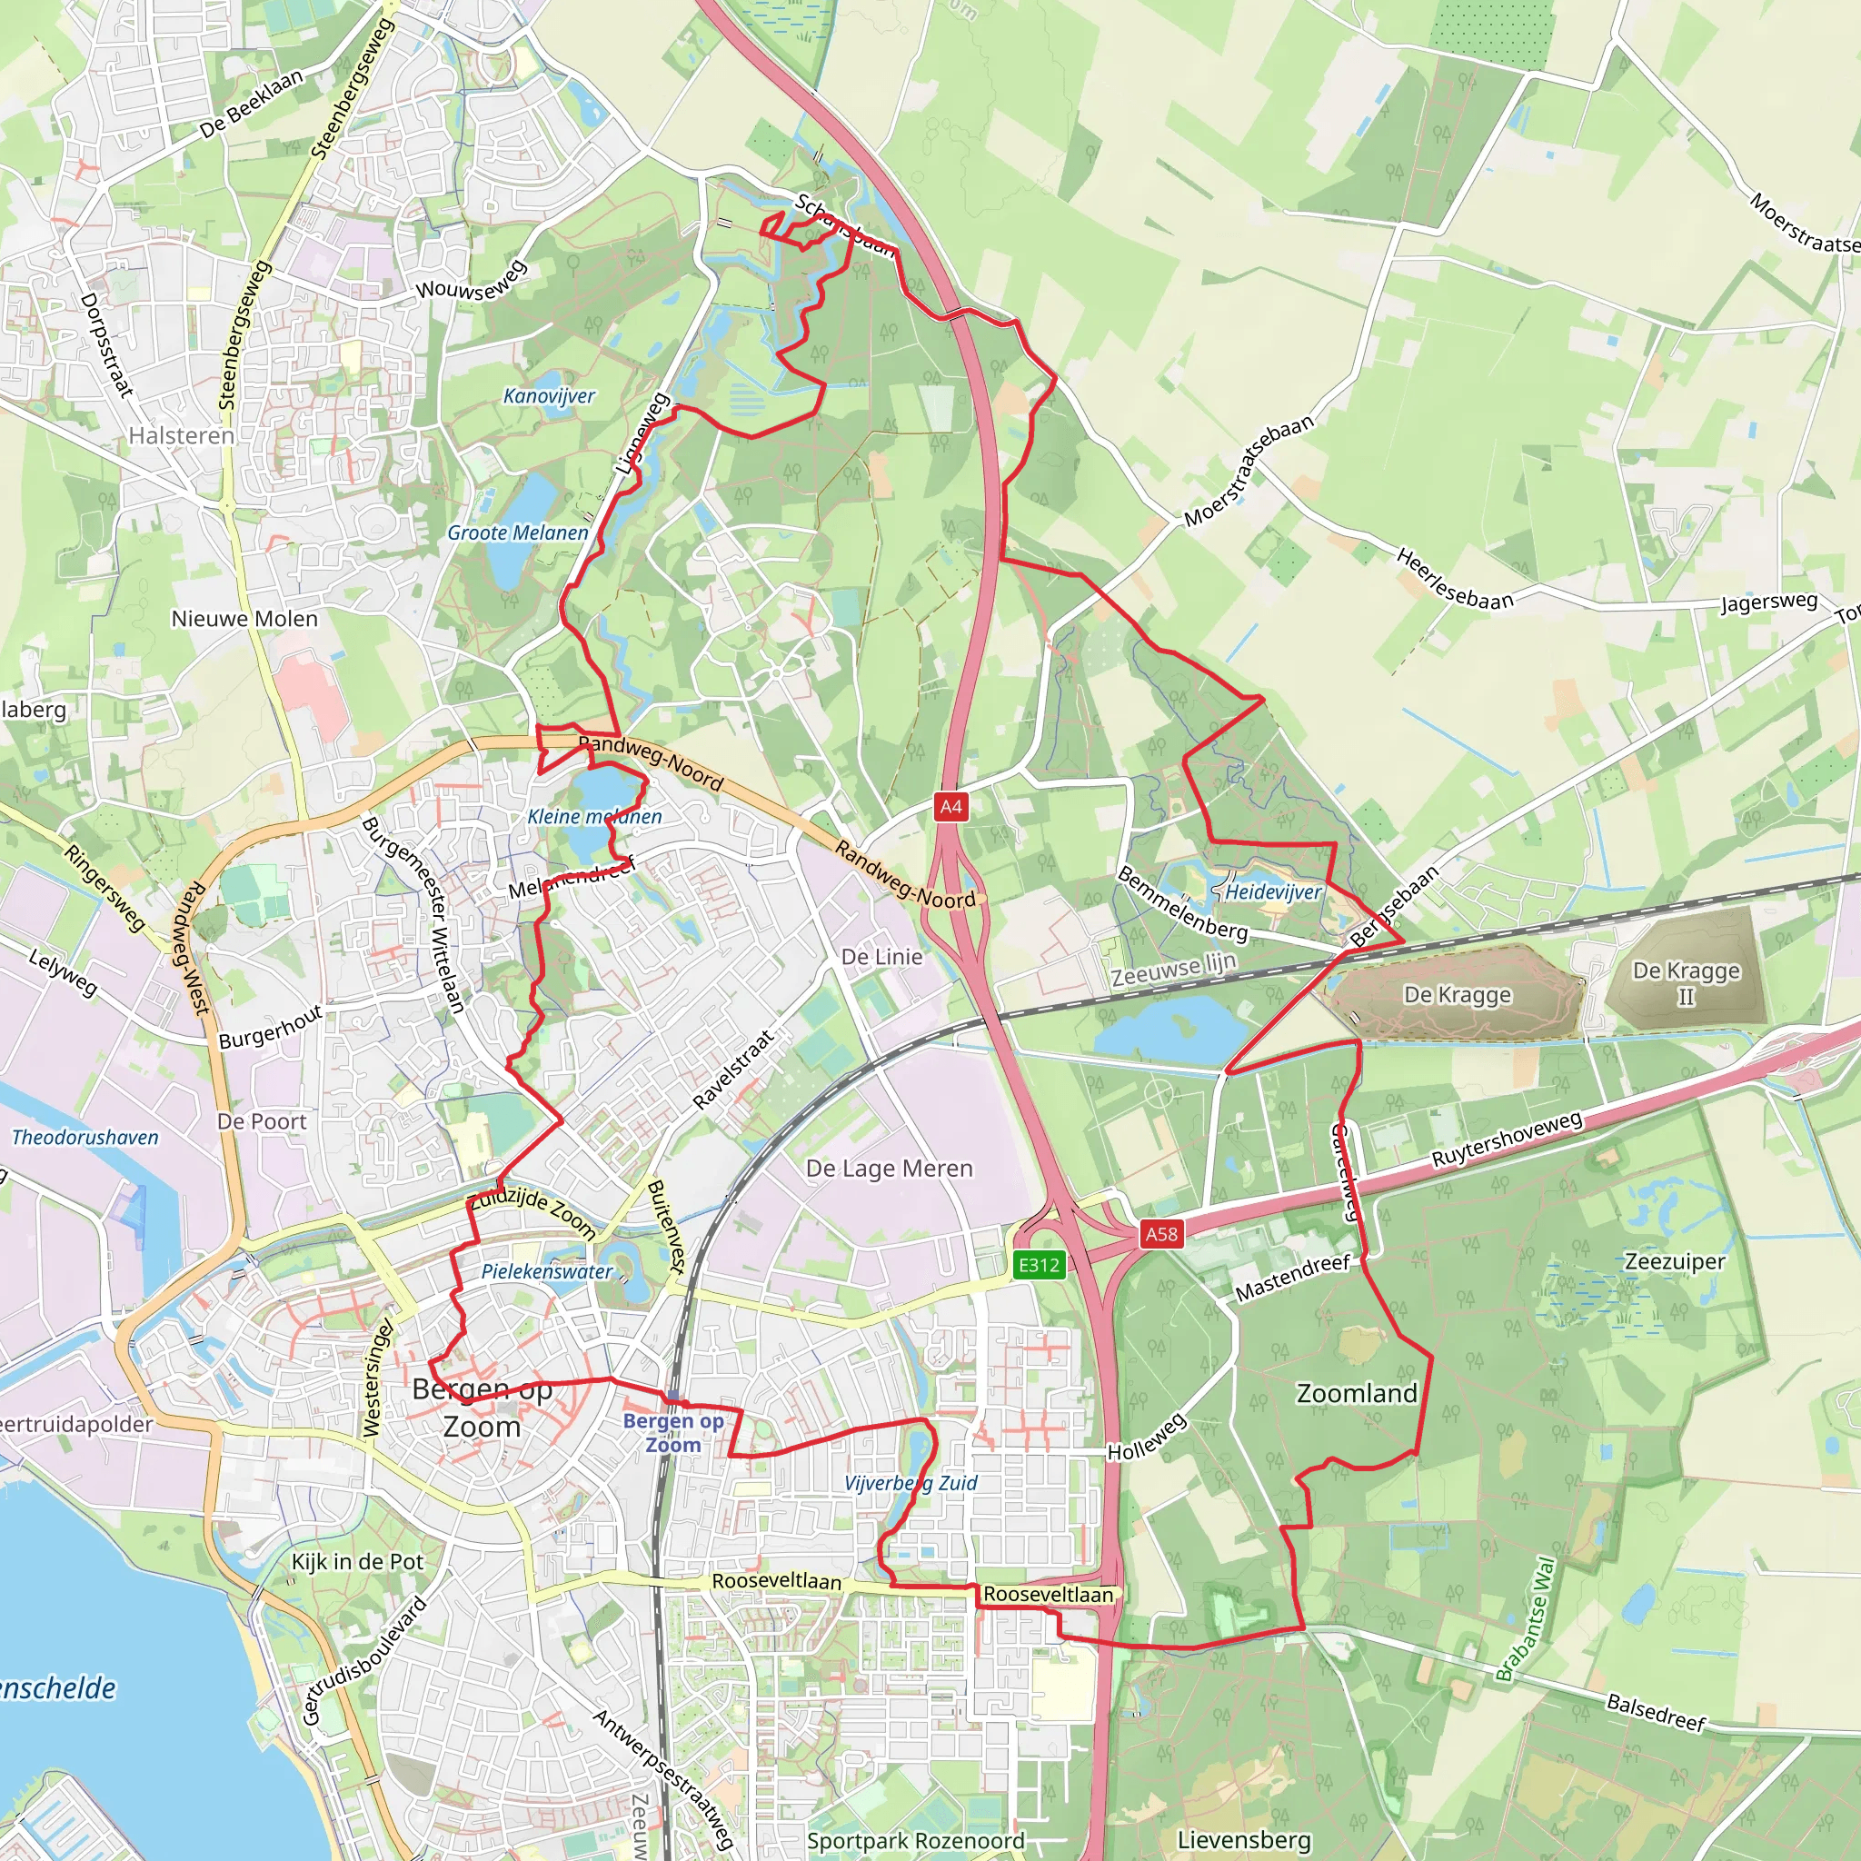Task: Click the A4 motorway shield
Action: click(x=950, y=806)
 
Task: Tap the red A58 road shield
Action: click(x=1160, y=1234)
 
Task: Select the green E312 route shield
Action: click(x=1040, y=1265)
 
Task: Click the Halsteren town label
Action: click(x=181, y=435)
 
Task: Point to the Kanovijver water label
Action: click(x=549, y=396)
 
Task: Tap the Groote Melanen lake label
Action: click(x=517, y=532)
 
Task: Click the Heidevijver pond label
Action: click(x=1273, y=892)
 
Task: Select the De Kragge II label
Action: click(x=1686, y=982)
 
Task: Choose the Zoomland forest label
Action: click(x=1357, y=1393)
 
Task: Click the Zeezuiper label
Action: click(x=1675, y=1262)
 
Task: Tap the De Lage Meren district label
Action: click(x=889, y=1169)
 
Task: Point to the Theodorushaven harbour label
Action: click(x=85, y=1138)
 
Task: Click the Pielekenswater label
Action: click(x=547, y=1271)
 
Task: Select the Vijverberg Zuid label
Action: click(x=911, y=1482)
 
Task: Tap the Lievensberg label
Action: click(x=1244, y=1840)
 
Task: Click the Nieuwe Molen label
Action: click(x=244, y=619)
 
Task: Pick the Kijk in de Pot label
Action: click(x=357, y=1561)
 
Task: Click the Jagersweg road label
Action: click(x=1769, y=603)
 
